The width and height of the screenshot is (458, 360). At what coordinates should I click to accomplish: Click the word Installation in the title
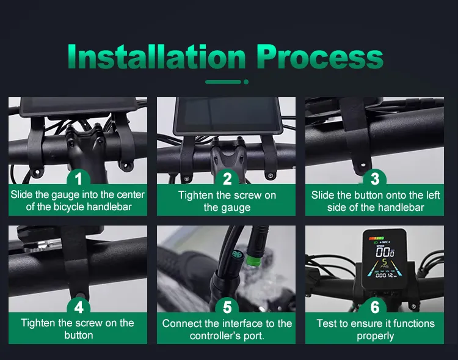156,56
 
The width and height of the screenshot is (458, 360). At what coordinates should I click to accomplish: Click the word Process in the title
320,56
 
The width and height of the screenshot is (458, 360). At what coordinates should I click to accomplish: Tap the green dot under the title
246,82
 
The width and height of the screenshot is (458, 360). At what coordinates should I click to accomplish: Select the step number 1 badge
78,178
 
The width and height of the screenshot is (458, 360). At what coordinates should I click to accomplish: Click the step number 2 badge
227,178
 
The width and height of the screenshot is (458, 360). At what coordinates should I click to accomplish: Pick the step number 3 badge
375,178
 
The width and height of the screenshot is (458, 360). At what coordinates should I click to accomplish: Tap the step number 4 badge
78,307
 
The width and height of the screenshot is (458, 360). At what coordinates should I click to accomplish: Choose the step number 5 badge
227,307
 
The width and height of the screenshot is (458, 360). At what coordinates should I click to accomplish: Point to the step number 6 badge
375,307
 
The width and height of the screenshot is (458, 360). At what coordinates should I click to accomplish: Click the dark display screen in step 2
228,115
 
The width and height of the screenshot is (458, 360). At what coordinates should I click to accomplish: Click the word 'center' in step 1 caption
131,194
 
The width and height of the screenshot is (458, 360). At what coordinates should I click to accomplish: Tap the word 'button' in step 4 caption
79,335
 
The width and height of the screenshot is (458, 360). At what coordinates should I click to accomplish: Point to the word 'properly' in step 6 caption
375,336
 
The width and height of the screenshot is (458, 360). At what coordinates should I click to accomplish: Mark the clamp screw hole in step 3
363,166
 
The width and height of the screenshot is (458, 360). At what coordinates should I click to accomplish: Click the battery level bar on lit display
376,238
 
